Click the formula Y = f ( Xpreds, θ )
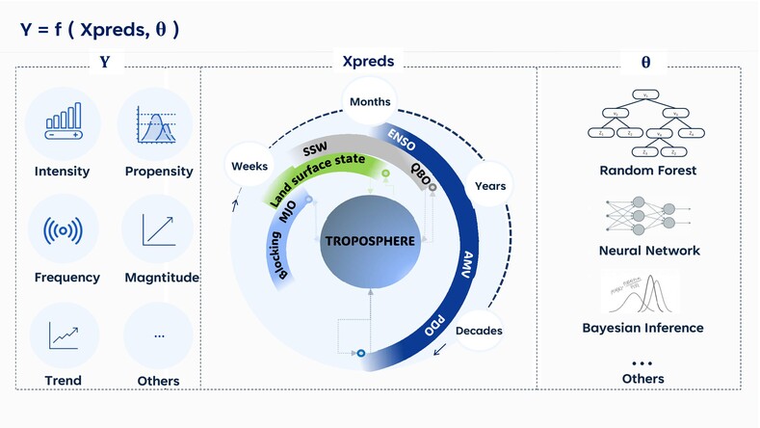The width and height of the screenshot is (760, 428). [99, 30]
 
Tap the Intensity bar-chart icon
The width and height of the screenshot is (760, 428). [62, 123]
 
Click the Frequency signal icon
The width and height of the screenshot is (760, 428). [62, 231]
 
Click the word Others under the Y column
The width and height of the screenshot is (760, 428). [159, 381]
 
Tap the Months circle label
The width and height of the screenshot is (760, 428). [370, 101]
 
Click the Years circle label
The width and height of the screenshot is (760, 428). [490, 185]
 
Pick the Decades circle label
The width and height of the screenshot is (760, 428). [479, 331]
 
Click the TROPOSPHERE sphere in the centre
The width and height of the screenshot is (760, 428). [369, 241]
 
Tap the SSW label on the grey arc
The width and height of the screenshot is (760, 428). [316, 151]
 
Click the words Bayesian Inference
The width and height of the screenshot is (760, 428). [642, 328]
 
